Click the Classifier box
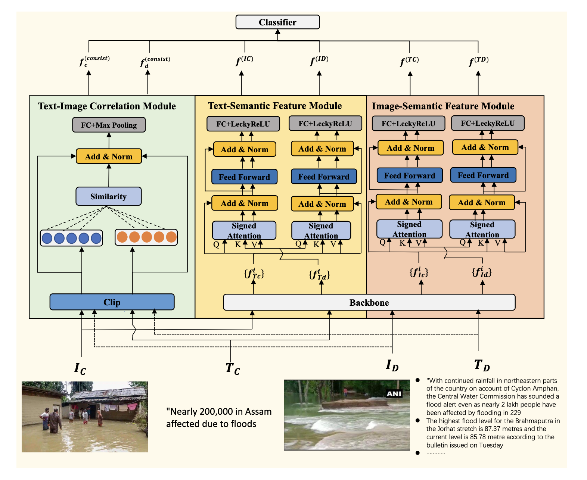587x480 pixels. point(277,22)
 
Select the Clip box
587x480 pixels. point(112,302)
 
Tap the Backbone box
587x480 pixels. point(369,302)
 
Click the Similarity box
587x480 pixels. point(108,196)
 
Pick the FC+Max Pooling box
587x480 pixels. point(109,125)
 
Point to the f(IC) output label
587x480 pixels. point(244,60)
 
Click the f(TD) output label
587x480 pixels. point(478,60)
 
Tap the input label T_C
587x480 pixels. point(232,368)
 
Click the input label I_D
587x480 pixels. point(392,365)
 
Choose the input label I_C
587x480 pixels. point(80,368)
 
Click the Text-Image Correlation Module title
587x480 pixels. point(107,106)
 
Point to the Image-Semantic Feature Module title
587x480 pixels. point(443,106)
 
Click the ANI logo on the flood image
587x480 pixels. point(394,394)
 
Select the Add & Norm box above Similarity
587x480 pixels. point(109,156)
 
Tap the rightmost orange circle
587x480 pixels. point(171,237)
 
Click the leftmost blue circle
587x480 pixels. point(47,238)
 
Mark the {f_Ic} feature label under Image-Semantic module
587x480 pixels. point(419,272)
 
